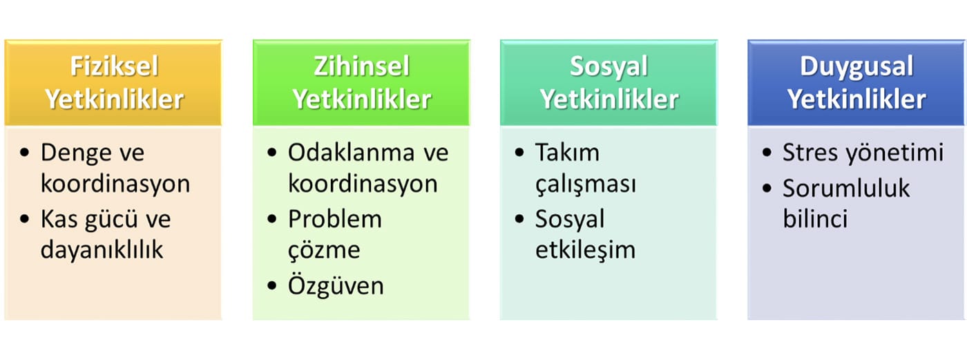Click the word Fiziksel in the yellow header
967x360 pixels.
pos(115,66)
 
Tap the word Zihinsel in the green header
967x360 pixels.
pos(362,66)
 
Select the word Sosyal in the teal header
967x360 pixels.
pos(609,67)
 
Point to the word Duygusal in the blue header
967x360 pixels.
pos(856,67)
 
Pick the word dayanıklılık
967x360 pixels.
pos(102,249)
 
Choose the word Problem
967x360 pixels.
pos(335,219)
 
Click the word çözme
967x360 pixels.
pos(324,250)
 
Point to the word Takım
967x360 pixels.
pos(567,153)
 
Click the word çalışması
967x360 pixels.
pos(586,184)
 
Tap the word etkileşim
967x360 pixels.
pos(585,250)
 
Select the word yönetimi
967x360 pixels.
pos(894,153)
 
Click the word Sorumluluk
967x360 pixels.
pos(846,188)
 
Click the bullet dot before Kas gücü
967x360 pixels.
pos(25,219)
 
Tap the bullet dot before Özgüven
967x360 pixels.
pos(272,285)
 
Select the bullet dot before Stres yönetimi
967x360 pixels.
pos(767,153)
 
